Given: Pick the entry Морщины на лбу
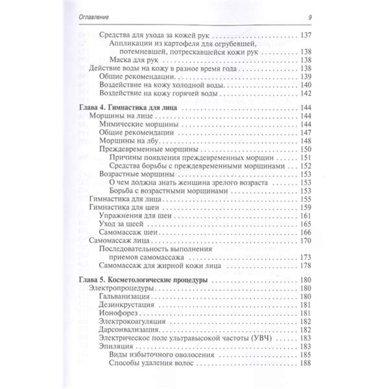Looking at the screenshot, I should pyautogui.click(x=128, y=141).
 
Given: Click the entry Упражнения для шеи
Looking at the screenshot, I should pyautogui.click(x=134, y=215).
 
